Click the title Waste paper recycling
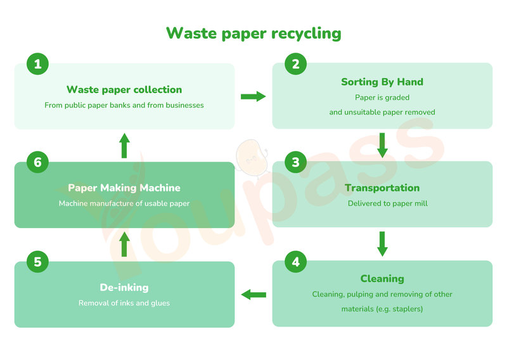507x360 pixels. pyautogui.click(x=253, y=33)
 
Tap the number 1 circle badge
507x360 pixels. pyautogui.click(x=38, y=63)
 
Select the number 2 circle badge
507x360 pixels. pyautogui.click(x=295, y=63)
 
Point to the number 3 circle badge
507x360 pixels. pyautogui.click(x=295, y=162)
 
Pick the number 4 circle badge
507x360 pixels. pyautogui.click(x=295, y=261)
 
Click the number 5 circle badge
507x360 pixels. pyautogui.click(x=38, y=261)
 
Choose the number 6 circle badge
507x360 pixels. pyautogui.click(x=38, y=162)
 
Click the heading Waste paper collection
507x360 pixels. pyautogui.click(x=124, y=90)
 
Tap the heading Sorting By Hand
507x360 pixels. pyautogui.click(x=382, y=82)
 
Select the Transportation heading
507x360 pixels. pyautogui.click(x=382, y=188)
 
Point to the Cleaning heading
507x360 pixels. pyautogui.click(x=382, y=279)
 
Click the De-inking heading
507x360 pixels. pyautogui.click(x=124, y=288)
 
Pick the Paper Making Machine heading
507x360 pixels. pyautogui.click(x=124, y=188)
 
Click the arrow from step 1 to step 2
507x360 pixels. pyautogui.click(x=253, y=96)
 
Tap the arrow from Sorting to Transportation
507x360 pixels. pyautogui.click(x=382, y=145)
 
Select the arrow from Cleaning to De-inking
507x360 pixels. pyautogui.click(x=253, y=294)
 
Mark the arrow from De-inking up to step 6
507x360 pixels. pyautogui.click(x=124, y=244)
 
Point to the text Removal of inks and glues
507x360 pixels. pyautogui.click(x=124, y=303)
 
